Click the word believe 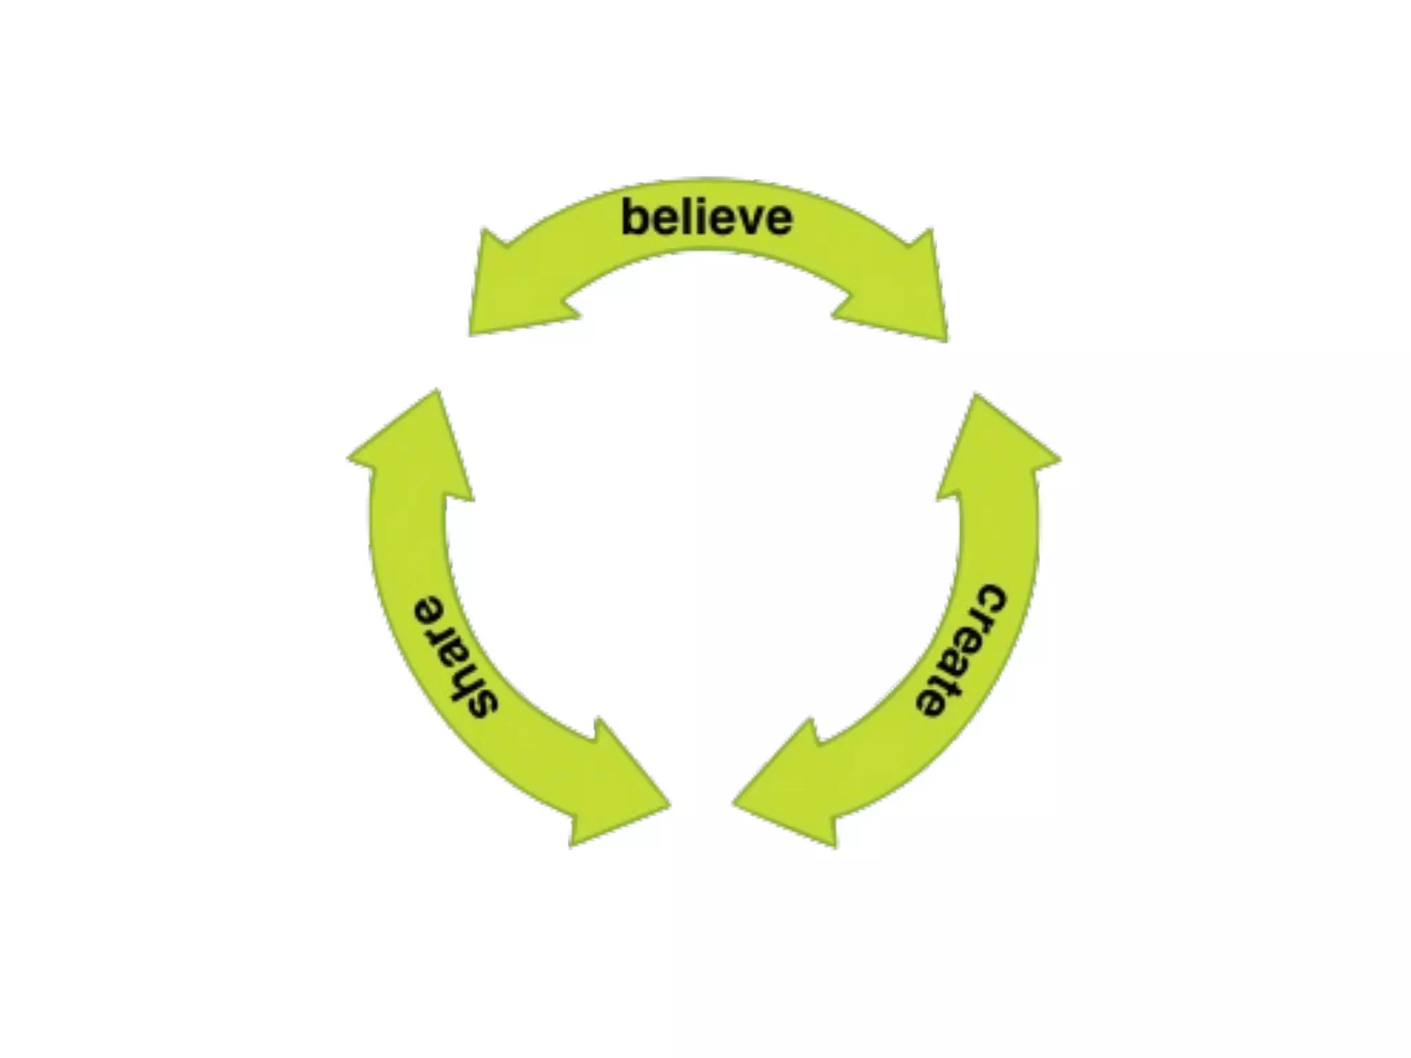[x=707, y=218]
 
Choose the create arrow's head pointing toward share [x=792, y=792]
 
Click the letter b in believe [x=635, y=216]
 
